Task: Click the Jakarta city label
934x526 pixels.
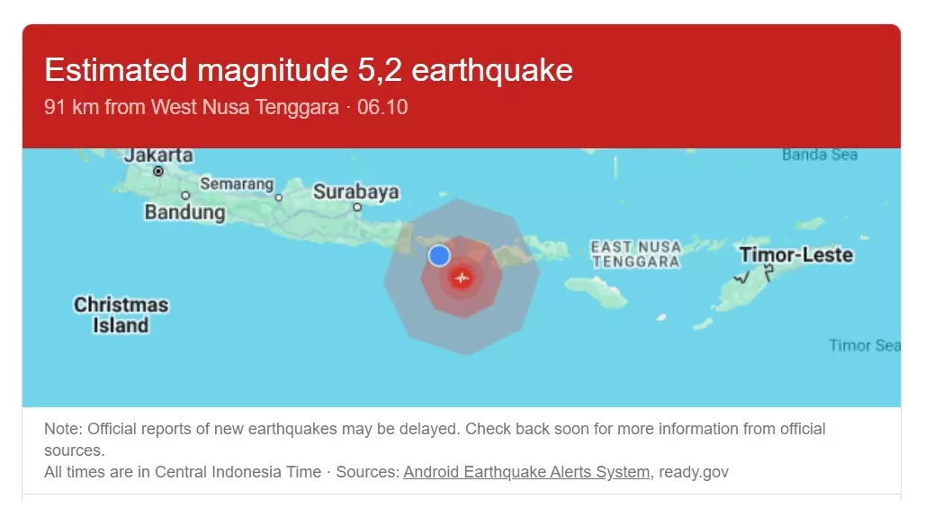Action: click(x=158, y=156)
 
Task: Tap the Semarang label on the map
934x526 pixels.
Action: click(x=237, y=184)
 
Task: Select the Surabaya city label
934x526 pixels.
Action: click(x=355, y=192)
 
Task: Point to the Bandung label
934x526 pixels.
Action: click(x=184, y=213)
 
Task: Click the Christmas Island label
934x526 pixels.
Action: click(x=121, y=315)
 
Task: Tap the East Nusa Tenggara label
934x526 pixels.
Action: click(x=635, y=254)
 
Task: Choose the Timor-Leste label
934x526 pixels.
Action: click(x=795, y=255)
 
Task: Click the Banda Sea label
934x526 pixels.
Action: click(x=819, y=155)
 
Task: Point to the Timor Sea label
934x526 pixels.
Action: click(x=864, y=345)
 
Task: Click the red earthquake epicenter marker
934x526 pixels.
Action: click(x=462, y=278)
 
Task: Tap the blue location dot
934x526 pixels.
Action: click(x=439, y=255)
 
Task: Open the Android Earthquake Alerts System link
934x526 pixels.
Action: click(x=526, y=472)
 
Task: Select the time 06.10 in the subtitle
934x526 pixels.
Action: click(x=382, y=108)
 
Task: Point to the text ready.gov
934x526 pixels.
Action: click(x=694, y=472)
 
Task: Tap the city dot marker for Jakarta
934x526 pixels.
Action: click(x=158, y=171)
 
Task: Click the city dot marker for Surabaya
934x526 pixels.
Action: click(x=356, y=207)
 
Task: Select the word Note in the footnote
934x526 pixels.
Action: click(x=62, y=429)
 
